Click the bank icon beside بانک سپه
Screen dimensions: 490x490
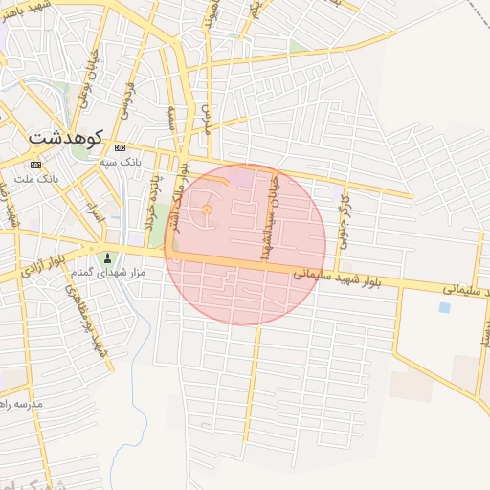click(x=120, y=148)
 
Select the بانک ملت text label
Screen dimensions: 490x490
click(x=39, y=179)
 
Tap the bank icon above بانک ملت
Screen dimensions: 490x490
click(x=35, y=165)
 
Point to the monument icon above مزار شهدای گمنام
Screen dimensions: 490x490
click(x=106, y=257)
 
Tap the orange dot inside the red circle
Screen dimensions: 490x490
click(x=206, y=209)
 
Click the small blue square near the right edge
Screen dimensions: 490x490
click(x=443, y=307)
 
